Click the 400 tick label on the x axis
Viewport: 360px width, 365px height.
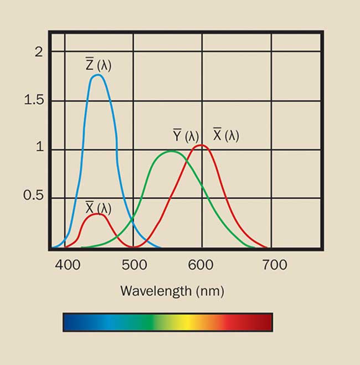[68, 265]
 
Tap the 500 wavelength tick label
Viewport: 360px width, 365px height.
[134, 265]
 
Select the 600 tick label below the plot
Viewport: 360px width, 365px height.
[201, 265]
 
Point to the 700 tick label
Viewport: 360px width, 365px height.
[274, 265]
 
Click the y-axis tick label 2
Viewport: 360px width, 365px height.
[38, 52]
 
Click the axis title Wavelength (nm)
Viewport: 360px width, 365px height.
[172, 290]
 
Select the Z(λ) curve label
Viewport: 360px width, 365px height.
[98, 65]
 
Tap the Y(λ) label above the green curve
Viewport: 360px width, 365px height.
[186, 136]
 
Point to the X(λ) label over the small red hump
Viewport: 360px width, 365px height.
[98, 208]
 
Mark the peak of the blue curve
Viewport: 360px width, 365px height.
[97, 75]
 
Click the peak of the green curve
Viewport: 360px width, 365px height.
[172, 151]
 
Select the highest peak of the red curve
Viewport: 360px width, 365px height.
[202, 146]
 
